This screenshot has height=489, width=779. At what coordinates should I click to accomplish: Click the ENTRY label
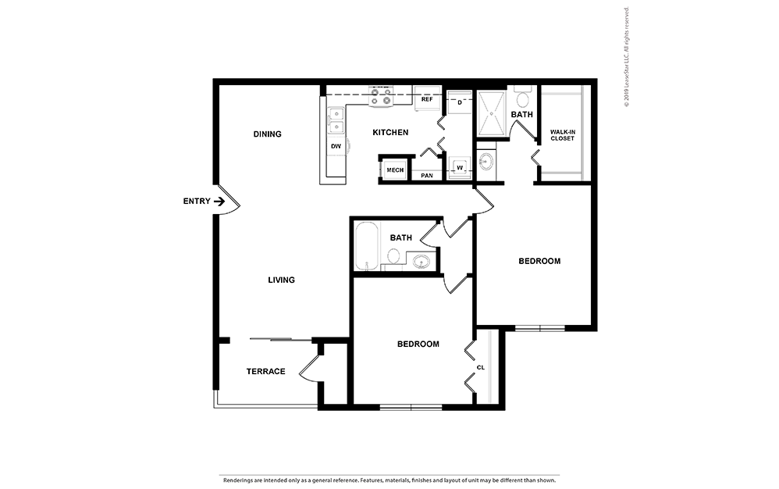click(197, 202)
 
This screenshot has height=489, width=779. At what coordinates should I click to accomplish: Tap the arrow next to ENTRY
click(220, 202)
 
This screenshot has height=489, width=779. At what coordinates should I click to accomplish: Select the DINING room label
click(267, 134)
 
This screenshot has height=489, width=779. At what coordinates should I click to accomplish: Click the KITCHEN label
click(390, 133)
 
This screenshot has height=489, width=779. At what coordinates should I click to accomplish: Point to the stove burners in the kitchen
click(381, 96)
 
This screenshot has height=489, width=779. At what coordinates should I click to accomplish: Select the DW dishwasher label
click(336, 146)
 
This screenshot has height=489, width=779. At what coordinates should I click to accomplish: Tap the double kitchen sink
click(336, 121)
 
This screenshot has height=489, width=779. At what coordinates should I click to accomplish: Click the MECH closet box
click(395, 170)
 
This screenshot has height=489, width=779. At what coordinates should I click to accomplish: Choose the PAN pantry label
click(427, 176)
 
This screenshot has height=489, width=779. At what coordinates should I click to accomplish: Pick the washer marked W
click(459, 167)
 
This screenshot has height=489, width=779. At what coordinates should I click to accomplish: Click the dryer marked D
click(460, 102)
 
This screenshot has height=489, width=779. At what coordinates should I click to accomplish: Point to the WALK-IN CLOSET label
click(562, 135)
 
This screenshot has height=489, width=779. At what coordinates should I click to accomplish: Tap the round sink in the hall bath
click(422, 262)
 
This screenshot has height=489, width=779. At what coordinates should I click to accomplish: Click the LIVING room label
click(281, 280)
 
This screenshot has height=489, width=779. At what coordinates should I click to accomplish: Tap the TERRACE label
click(266, 371)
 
